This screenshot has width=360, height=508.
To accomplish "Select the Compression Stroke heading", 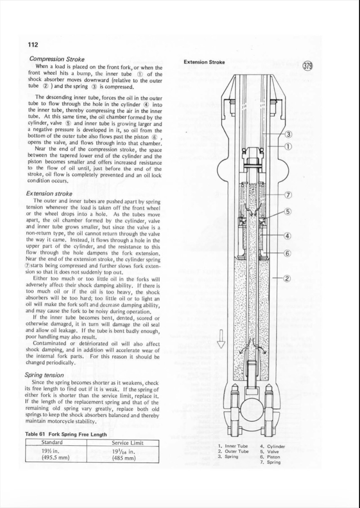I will coord(57,59).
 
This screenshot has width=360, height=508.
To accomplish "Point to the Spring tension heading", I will coord(44,375).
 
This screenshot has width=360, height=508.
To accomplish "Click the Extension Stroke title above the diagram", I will coord(204,62).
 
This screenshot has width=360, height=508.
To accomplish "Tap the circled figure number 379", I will coord(308,66).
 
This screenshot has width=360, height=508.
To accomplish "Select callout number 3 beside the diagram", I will coord(288,135).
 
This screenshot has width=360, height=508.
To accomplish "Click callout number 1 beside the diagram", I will coord(288,147).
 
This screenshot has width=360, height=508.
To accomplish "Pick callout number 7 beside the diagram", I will coord(288,195).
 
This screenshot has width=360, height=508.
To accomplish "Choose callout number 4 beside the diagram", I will coord(288,236).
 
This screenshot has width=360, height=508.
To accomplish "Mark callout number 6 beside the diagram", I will coord(288,254).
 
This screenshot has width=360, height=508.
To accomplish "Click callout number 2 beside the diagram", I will coord(288,278).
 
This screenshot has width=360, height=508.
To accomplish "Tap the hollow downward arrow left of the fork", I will coord(220,338).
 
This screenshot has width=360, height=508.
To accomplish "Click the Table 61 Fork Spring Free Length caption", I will coord(66,434).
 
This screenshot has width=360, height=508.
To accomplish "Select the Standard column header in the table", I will coord(52,443).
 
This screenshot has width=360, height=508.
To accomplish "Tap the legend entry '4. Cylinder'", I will coord(272,446).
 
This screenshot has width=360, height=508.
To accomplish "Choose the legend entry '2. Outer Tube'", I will coord(233,451).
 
